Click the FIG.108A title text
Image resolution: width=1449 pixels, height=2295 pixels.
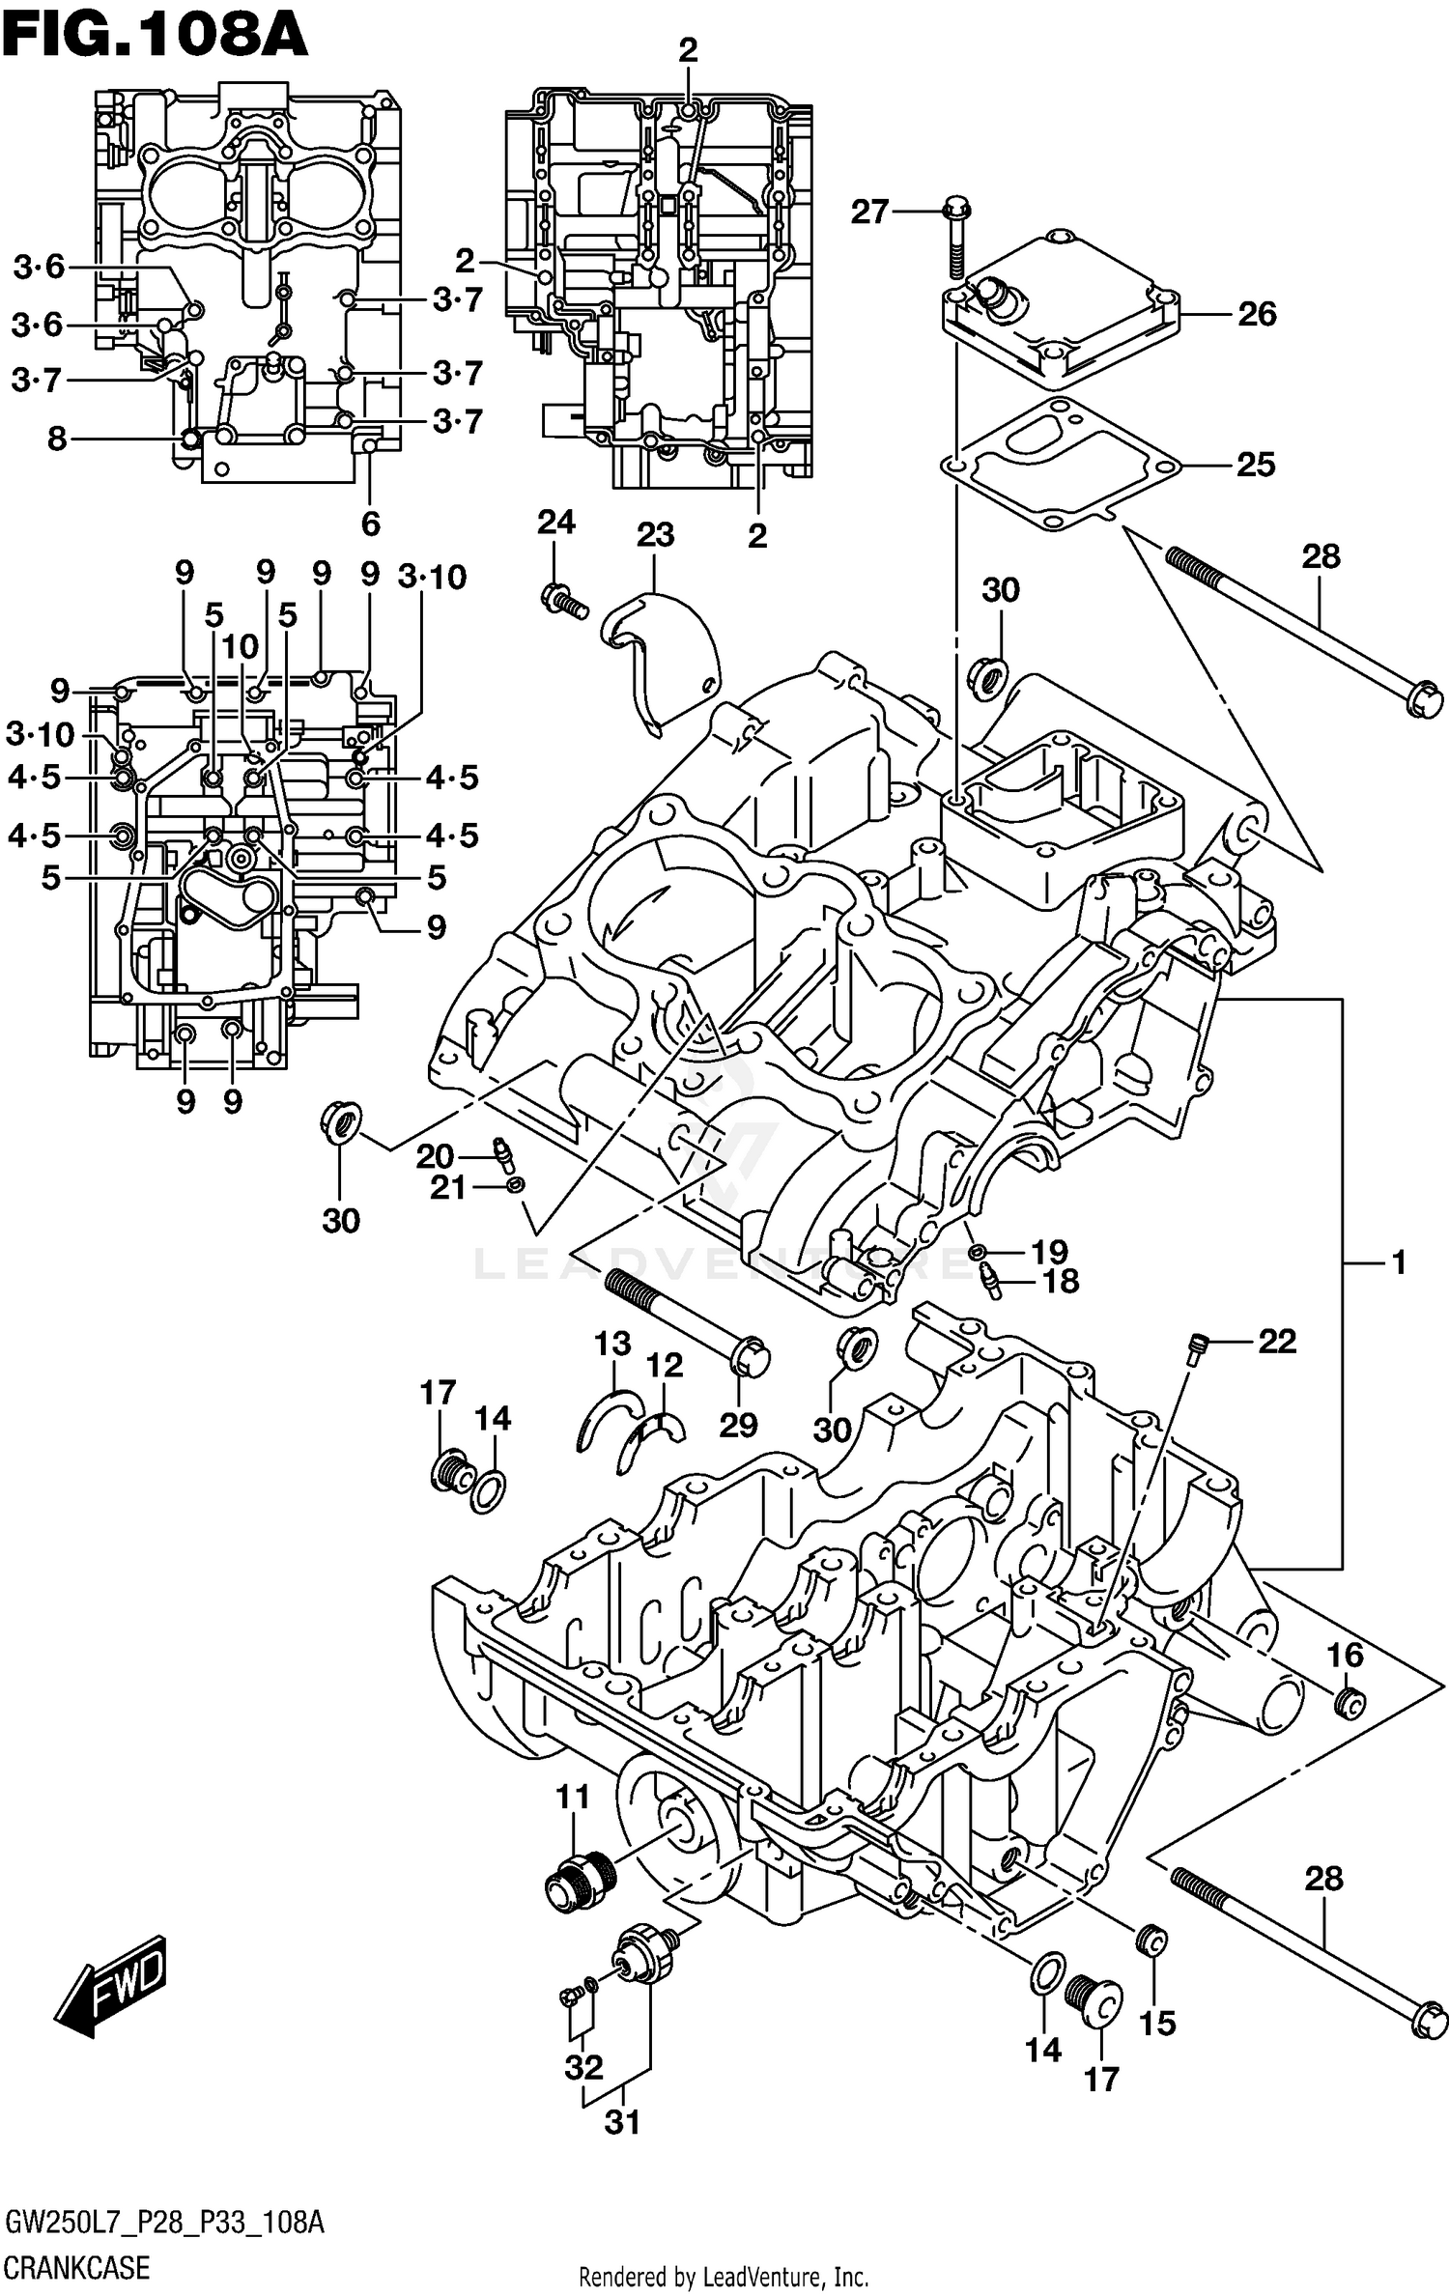pyautogui.click(x=155, y=37)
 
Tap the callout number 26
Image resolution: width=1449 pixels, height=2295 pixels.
pyautogui.click(x=1257, y=314)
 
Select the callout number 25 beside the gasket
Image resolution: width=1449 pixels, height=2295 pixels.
pyautogui.click(x=1256, y=465)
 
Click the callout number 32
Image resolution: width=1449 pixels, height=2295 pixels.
pyautogui.click(x=584, y=2066)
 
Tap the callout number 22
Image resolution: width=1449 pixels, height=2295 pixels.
pyautogui.click(x=1276, y=1341)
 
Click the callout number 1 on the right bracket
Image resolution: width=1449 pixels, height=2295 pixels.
pyautogui.click(x=1399, y=1262)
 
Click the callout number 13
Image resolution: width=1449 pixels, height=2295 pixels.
pyautogui.click(x=612, y=1343)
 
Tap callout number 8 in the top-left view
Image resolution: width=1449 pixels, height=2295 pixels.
pyautogui.click(x=57, y=439)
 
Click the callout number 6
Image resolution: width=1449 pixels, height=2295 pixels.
pyautogui.click(x=371, y=524)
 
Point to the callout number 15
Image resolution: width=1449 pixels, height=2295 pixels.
pyautogui.click(x=1157, y=2022)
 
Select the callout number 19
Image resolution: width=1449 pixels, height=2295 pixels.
pyautogui.click(x=1049, y=1253)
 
